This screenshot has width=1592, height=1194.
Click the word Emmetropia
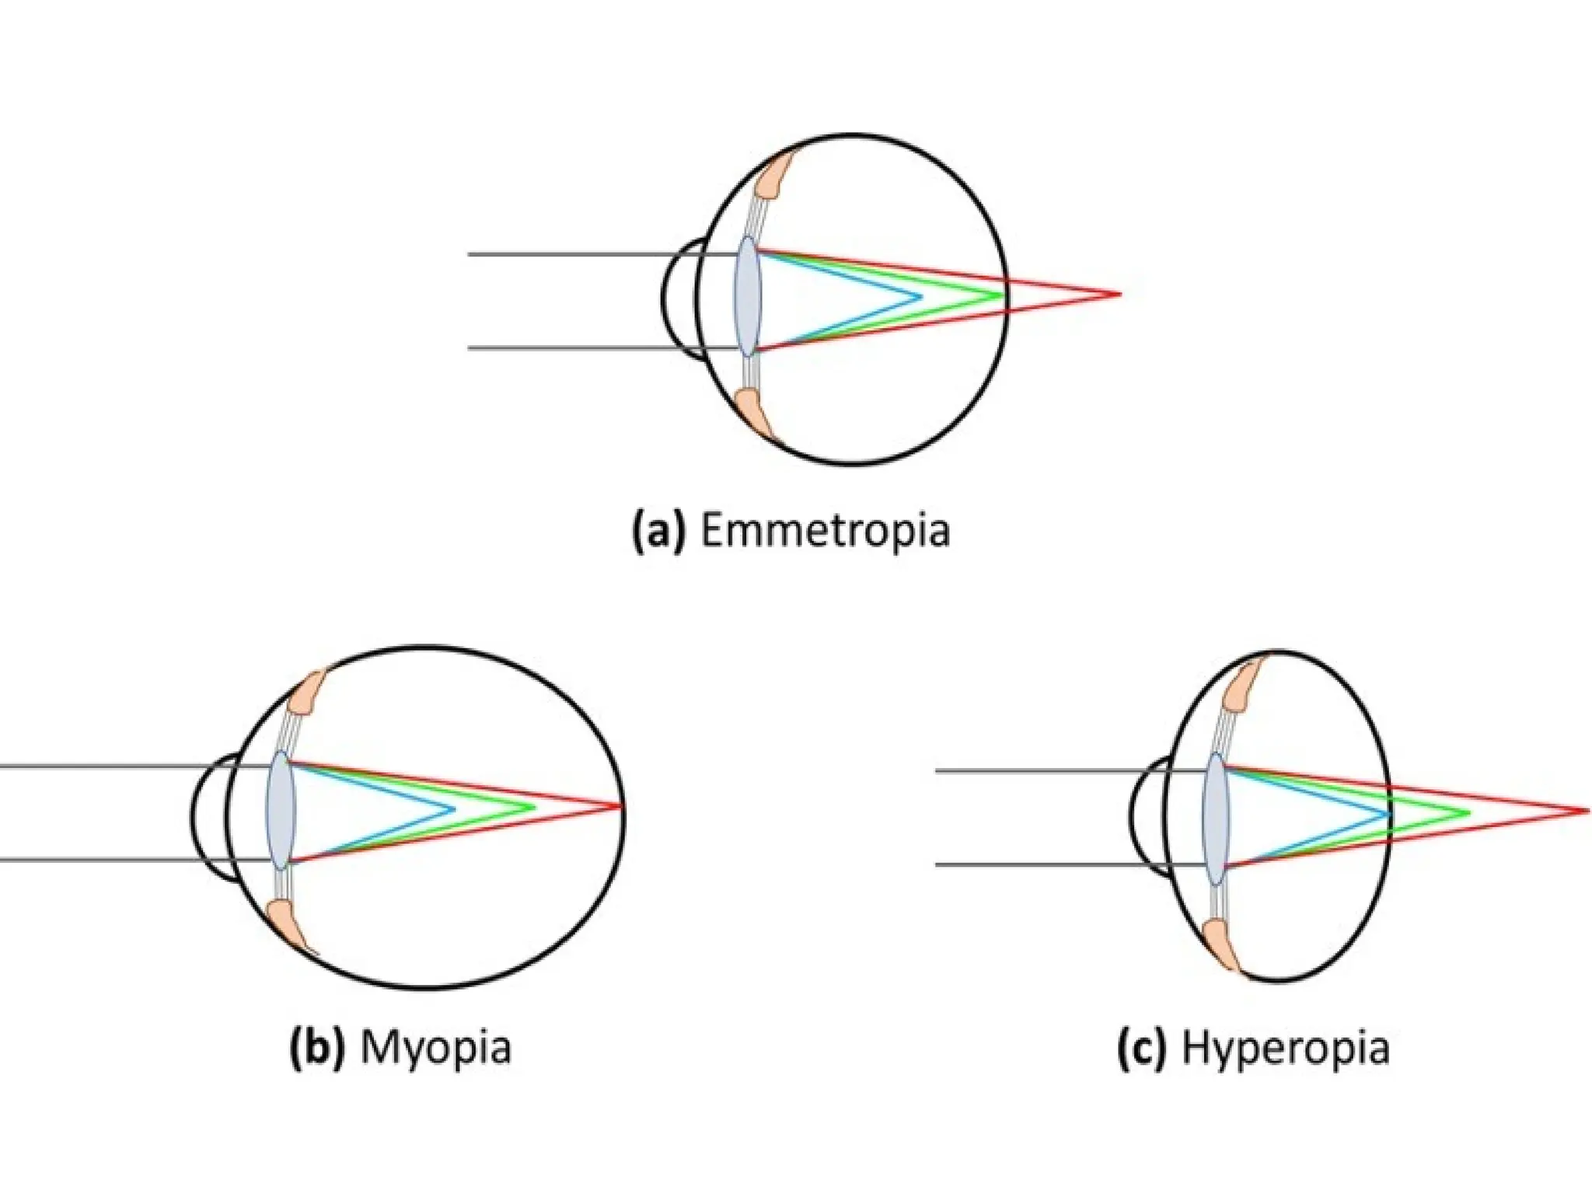pyautogui.click(x=825, y=531)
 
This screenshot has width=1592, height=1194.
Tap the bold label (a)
pyautogui.click(x=659, y=531)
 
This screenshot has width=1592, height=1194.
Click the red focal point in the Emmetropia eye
pyautogui.click(x=1119, y=294)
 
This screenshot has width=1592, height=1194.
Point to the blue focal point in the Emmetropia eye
pyautogui.click(x=920, y=295)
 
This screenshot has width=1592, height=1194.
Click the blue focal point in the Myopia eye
pyautogui.click(x=454, y=808)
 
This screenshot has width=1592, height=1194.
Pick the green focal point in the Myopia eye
pyautogui.click(x=535, y=807)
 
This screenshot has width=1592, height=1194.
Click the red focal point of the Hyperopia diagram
pyautogui.click(x=1587, y=812)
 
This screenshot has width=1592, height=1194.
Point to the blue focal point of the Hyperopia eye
pyautogui.click(x=1388, y=814)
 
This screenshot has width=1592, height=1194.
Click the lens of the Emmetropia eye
pyautogui.click(x=749, y=296)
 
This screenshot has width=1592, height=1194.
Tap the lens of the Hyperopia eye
pyautogui.click(x=1215, y=819)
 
